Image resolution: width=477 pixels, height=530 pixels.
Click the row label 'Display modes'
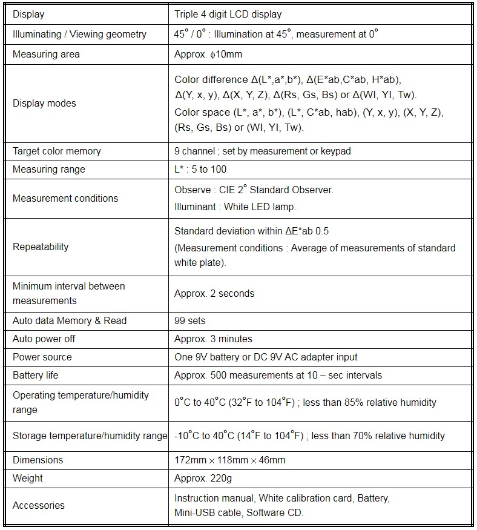pyautogui.click(x=44, y=104)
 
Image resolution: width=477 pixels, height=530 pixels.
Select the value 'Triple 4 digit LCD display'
pyautogui.click(x=228, y=14)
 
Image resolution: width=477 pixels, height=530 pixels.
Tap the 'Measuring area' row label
pyautogui.click(x=46, y=55)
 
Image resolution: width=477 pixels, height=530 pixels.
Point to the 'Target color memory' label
pyautogui.click(x=57, y=151)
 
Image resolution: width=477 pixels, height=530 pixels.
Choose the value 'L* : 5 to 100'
pyautogui.click(x=200, y=169)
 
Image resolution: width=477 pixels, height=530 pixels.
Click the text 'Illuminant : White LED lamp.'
pyautogui.click(x=235, y=207)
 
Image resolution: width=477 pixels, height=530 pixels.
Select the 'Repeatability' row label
pyautogui.click(x=41, y=247)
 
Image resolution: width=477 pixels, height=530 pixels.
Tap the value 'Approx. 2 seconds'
pyautogui.click(x=214, y=293)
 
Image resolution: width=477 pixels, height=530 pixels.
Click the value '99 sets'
pyautogui.click(x=189, y=320)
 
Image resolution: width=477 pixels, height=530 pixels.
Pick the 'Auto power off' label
pyautogui.click(x=44, y=339)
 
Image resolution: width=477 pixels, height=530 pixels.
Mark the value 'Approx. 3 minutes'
pyautogui.click(x=213, y=339)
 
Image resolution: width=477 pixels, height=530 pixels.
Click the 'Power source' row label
pyautogui.click(x=42, y=357)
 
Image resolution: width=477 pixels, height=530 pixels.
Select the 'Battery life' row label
pyautogui.click(x=36, y=375)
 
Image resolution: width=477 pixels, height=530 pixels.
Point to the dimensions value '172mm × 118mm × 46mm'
pyautogui.click(x=229, y=460)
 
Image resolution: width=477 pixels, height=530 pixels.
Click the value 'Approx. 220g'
pyautogui.click(x=203, y=478)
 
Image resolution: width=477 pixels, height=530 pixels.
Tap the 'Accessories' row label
pyautogui.click(x=39, y=505)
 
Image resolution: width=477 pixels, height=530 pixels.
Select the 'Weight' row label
pyautogui.click(x=28, y=478)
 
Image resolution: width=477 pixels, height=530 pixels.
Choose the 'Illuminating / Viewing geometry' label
pyautogui.click(x=79, y=34)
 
